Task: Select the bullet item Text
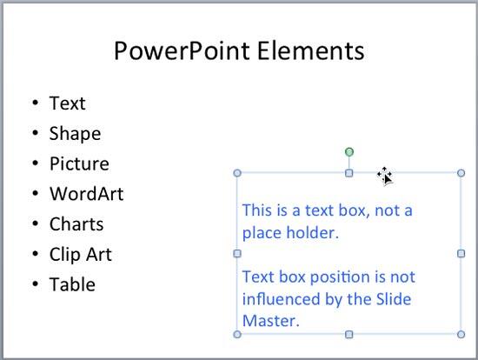(67, 103)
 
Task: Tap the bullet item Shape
(75, 134)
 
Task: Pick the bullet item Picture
(79, 164)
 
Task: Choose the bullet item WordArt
(86, 194)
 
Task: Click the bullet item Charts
(76, 224)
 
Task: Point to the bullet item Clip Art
(80, 255)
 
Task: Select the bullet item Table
(72, 284)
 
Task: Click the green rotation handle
(349, 152)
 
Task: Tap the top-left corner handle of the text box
(237, 173)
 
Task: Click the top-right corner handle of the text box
(461, 173)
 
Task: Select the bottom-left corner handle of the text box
(237, 334)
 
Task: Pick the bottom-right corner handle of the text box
(461, 334)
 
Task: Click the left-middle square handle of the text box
(237, 253)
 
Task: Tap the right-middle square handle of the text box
(461, 253)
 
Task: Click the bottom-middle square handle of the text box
(349, 334)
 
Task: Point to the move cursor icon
(385, 176)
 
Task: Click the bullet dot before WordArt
(36, 194)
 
